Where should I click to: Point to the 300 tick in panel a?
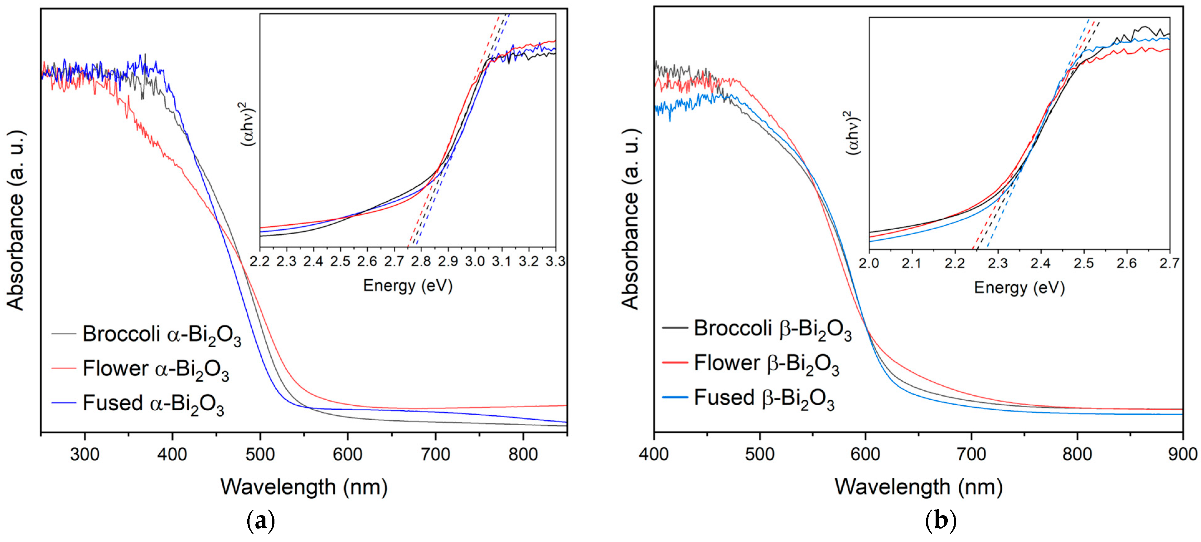click(85, 454)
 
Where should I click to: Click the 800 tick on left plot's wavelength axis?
click(523, 454)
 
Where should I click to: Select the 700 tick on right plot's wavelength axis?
click(971, 454)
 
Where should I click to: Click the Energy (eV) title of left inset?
click(408, 286)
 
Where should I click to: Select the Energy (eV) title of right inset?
click(1019, 287)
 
